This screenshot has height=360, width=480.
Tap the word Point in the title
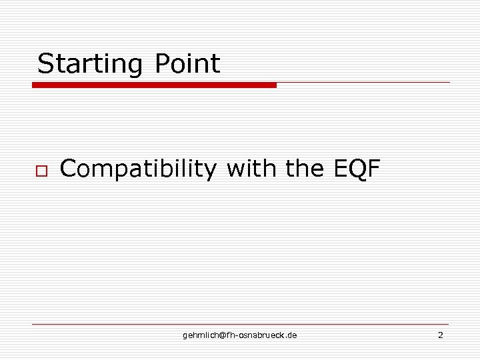click(x=187, y=64)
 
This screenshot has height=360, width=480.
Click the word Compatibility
click(x=138, y=169)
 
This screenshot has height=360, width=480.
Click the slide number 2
click(x=440, y=335)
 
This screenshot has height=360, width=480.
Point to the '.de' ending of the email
click(x=292, y=335)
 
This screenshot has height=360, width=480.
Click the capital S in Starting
click(x=45, y=64)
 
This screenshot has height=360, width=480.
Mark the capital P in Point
click(x=162, y=64)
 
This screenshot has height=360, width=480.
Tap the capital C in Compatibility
click(x=68, y=169)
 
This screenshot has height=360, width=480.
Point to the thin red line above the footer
click(x=240, y=324)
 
